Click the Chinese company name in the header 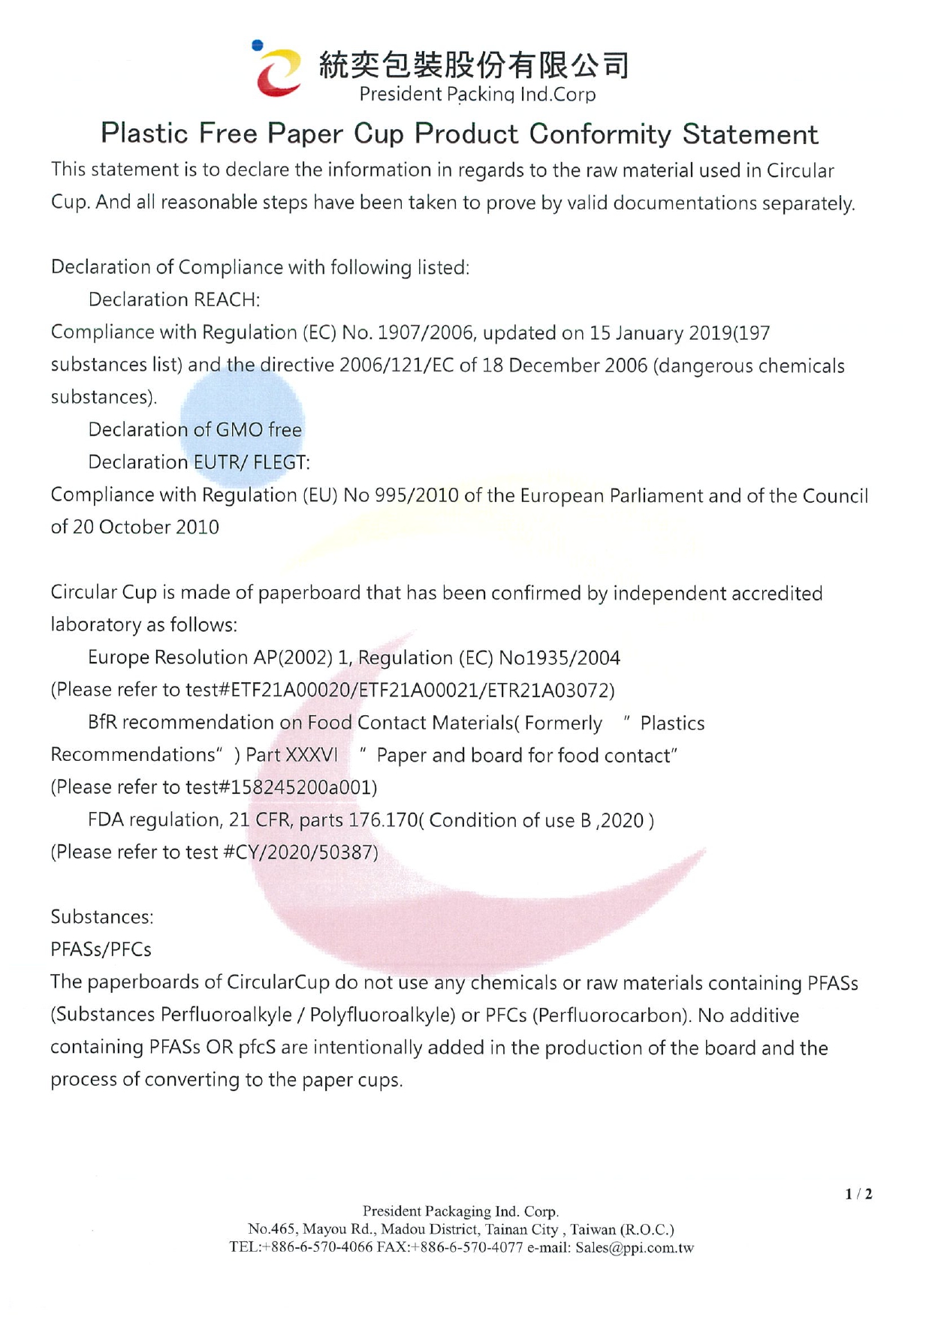474,66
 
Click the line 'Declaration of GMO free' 195,430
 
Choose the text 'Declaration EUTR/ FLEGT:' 199,462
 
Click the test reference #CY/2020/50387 301,852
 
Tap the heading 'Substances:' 102,917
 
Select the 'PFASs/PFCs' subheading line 101,950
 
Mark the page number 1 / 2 858,1194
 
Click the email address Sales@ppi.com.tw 635,1248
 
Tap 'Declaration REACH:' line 174,300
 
